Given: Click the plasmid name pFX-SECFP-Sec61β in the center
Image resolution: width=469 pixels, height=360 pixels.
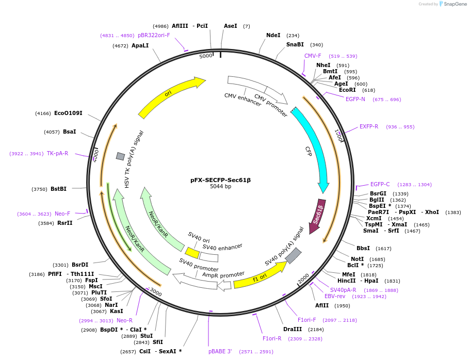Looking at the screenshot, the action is pos(220,180).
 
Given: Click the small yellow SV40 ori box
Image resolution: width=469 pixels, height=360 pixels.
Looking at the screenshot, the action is pos(192,253).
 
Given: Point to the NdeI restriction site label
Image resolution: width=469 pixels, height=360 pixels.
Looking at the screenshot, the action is pos(273,35).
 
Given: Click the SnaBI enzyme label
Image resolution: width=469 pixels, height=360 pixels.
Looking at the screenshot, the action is pos(295,44).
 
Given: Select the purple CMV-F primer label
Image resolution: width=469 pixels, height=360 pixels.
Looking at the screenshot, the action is pos(313,56).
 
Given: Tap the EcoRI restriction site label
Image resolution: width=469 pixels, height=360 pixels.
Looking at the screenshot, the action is pos(347,90).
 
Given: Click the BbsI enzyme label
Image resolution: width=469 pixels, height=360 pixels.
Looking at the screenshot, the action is pos(363,248).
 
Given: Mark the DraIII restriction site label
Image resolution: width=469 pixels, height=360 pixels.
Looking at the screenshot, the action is pos(293,329).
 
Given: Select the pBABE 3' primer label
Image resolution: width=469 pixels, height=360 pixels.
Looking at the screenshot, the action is pos(220,351).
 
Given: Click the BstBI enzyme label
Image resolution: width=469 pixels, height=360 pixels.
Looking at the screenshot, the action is pos(58,189).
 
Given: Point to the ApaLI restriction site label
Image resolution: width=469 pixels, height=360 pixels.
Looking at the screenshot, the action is pos(140,45).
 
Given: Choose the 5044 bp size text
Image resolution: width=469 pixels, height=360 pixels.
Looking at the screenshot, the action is pos(220,186).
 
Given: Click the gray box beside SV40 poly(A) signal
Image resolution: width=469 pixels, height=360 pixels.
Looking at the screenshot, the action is pos(293,255).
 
